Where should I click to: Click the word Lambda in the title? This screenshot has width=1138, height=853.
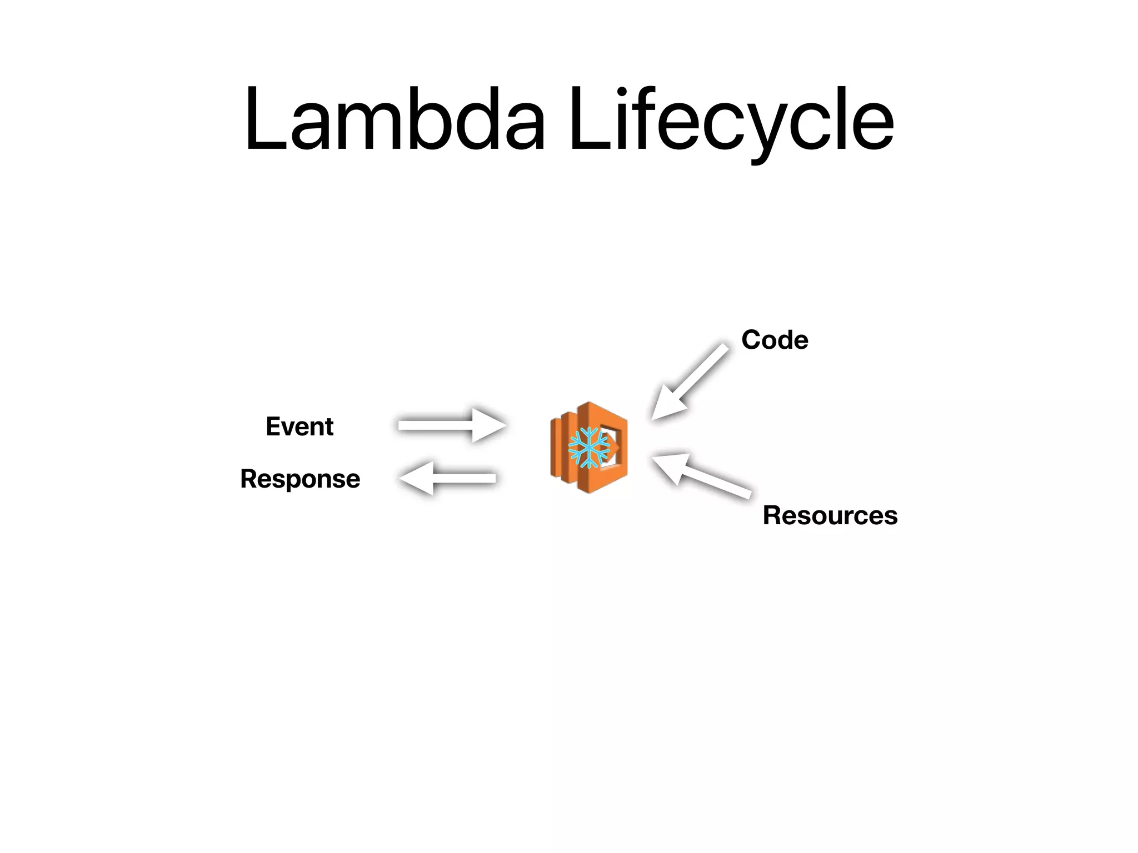tap(395, 119)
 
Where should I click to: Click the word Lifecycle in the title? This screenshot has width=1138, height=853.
tap(731, 119)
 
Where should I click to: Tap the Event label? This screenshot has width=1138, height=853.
tap(300, 426)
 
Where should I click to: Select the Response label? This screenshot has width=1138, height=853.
tap(300, 479)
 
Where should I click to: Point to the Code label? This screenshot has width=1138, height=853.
tap(775, 340)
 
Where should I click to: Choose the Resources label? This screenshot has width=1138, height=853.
tap(830, 515)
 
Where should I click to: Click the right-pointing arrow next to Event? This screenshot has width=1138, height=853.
tap(450, 425)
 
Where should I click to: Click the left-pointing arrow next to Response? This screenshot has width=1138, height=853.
tap(448, 478)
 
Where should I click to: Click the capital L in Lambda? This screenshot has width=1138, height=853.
tap(264, 119)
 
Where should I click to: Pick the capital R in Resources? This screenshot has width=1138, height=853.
tap(772, 515)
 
